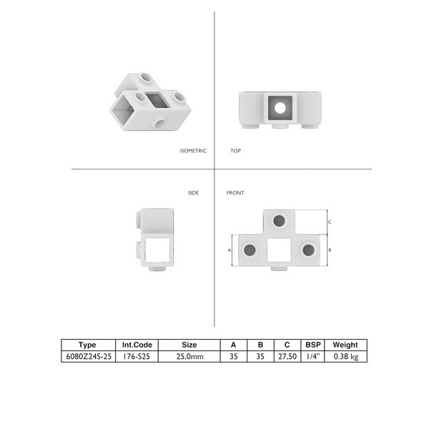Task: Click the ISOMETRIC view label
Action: coord(193,151)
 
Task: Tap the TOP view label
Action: coord(235,151)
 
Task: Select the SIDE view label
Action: coord(193,193)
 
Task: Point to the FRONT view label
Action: coord(235,193)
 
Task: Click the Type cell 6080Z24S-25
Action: coord(89,357)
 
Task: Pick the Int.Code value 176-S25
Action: coord(137,357)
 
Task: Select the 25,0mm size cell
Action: coord(189,357)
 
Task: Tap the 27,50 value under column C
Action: coord(287,357)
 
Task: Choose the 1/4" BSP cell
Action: coord(313,357)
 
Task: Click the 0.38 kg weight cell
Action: coord(346,357)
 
